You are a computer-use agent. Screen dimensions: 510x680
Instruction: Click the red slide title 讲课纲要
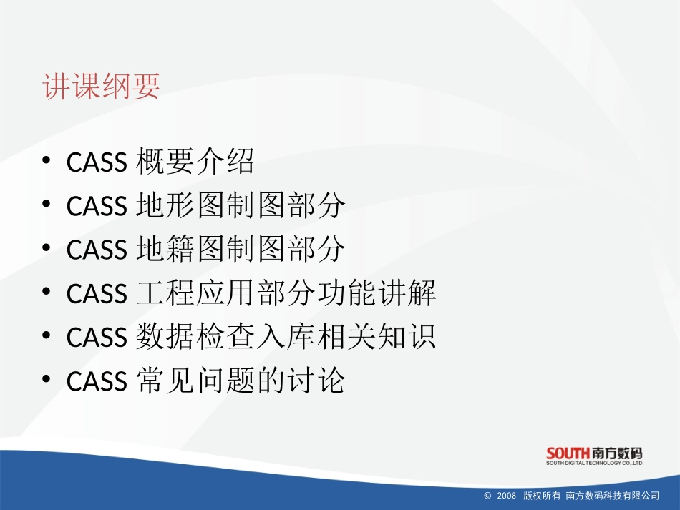coord(101,87)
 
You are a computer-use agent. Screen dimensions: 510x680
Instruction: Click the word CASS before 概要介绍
coord(96,164)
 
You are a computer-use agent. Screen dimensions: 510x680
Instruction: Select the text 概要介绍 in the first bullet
coord(195,163)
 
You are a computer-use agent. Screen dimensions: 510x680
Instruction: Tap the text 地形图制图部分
coord(240,207)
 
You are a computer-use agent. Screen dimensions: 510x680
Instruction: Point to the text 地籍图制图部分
coord(240,250)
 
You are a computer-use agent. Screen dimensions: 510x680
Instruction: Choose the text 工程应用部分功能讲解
coord(285,294)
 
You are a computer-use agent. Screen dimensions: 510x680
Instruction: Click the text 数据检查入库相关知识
coord(285,338)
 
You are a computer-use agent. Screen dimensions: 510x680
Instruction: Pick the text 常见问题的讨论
coord(240,381)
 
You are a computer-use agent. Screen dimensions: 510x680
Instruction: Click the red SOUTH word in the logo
coord(568,453)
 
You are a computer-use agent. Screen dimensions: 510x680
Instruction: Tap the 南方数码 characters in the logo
coord(617,453)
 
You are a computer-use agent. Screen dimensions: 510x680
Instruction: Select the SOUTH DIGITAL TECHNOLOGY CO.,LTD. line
coord(595,464)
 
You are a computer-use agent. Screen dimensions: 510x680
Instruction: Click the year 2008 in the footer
coord(506,496)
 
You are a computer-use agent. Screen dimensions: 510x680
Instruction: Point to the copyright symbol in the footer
coord(488,496)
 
